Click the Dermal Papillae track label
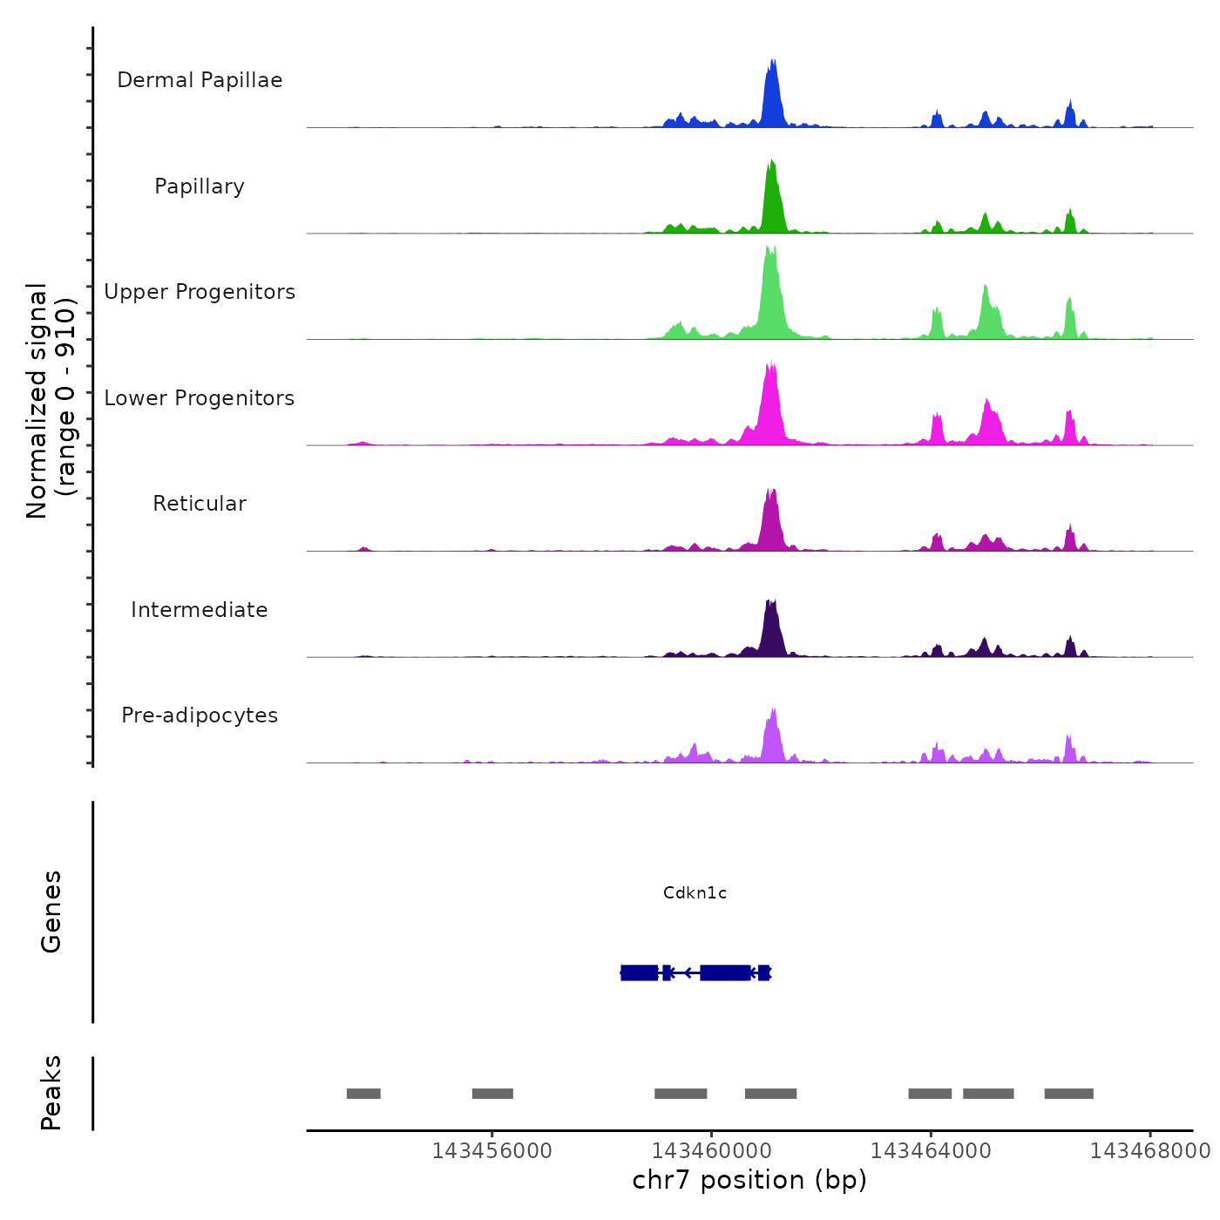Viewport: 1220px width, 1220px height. tap(200, 80)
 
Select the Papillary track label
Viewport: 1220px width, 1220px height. tap(200, 186)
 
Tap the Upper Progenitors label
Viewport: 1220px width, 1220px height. tap(200, 292)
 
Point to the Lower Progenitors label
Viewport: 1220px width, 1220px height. tap(200, 398)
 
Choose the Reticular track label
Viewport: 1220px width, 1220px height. tap(200, 504)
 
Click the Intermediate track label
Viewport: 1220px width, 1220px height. tap(200, 610)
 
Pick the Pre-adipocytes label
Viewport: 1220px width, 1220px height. tap(200, 715)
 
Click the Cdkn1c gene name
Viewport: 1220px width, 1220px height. tap(695, 892)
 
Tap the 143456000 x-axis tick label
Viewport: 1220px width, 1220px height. tap(491, 1151)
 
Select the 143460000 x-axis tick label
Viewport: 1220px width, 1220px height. tap(711, 1151)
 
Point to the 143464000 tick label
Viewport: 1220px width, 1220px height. tap(931, 1151)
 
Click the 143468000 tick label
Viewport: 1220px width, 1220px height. tap(1150, 1151)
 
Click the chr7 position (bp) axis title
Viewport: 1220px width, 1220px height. tap(749, 1180)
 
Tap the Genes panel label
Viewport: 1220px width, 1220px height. tap(51, 912)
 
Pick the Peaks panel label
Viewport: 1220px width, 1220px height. tap(51, 1093)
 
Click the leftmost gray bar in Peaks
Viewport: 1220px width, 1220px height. tap(363, 1094)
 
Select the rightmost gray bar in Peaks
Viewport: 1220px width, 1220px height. tap(1068, 1094)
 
